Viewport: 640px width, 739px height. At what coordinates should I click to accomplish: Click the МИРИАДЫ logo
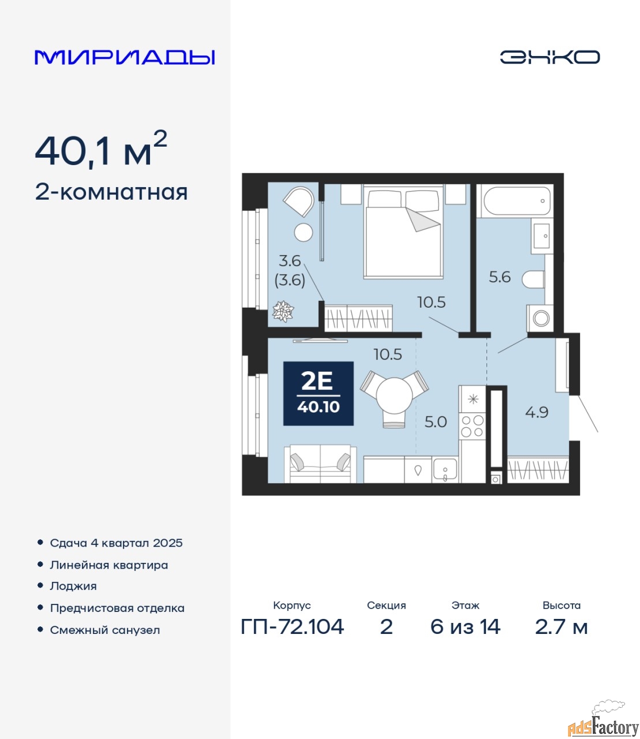pyautogui.click(x=125, y=57)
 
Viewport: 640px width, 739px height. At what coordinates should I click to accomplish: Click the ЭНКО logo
pyautogui.click(x=549, y=57)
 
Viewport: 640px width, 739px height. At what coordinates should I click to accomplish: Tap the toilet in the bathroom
pyautogui.click(x=533, y=279)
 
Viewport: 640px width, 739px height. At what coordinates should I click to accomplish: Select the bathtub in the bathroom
pyautogui.click(x=517, y=200)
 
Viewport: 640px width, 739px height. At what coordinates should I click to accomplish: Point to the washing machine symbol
pyautogui.click(x=540, y=318)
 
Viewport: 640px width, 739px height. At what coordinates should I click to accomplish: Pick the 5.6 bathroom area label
pyautogui.click(x=500, y=277)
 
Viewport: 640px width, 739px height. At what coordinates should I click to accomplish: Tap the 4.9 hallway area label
pyautogui.click(x=536, y=412)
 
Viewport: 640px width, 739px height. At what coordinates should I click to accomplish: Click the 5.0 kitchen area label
pyautogui.click(x=436, y=422)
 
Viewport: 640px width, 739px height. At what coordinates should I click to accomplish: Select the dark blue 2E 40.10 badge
pyautogui.click(x=319, y=393)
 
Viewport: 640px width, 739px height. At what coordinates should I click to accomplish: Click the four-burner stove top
pyautogui.click(x=472, y=426)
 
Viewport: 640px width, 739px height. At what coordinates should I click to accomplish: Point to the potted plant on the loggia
pyautogui.click(x=283, y=311)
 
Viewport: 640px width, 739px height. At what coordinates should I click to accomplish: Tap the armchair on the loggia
pyautogui.click(x=300, y=201)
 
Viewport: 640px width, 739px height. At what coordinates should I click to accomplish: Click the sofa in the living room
pyautogui.click(x=320, y=464)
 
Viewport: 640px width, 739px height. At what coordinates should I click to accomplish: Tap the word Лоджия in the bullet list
pyautogui.click(x=73, y=587)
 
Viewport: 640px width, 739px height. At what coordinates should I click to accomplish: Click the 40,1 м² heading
pyautogui.click(x=101, y=149)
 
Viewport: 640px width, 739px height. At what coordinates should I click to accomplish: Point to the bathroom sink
pyautogui.click(x=542, y=236)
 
